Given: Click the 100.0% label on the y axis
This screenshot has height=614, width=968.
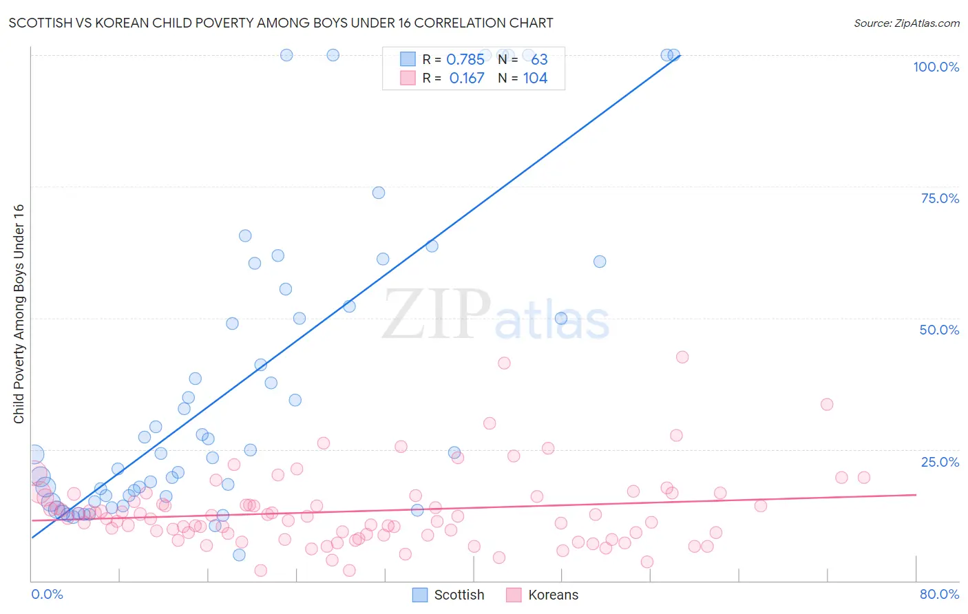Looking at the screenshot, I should (936, 67).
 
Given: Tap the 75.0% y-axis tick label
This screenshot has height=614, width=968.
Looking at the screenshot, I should (940, 198).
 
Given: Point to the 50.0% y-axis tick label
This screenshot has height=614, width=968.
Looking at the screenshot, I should (939, 330).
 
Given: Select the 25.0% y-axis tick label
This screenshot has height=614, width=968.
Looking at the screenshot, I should (940, 462).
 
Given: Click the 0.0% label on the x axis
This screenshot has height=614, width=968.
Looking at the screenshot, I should (47, 594).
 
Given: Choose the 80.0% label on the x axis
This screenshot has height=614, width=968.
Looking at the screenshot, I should (939, 594).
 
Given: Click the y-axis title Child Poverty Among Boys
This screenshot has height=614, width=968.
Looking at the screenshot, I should (19, 314).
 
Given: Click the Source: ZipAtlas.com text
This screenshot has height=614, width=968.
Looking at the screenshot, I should (906, 23).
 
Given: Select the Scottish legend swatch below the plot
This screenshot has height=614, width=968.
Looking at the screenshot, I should (420, 595).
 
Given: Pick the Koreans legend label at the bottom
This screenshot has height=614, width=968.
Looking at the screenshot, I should (553, 595).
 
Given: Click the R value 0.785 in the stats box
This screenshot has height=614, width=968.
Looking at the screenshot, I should (465, 59).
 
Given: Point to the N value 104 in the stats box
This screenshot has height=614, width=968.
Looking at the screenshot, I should (535, 78).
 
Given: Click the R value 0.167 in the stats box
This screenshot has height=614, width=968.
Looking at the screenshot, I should (467, 78).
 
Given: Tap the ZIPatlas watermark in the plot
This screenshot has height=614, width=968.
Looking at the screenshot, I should (496, 315).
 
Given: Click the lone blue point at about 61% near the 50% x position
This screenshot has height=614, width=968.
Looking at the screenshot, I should (600, 262).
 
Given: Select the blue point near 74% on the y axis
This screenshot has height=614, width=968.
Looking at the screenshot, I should (379, 193).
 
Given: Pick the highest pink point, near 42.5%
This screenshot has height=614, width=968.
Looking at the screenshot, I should (682, 357).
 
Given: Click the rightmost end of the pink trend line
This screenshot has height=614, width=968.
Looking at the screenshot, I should (916, 494).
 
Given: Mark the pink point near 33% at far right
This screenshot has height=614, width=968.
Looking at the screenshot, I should (827, 404).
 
